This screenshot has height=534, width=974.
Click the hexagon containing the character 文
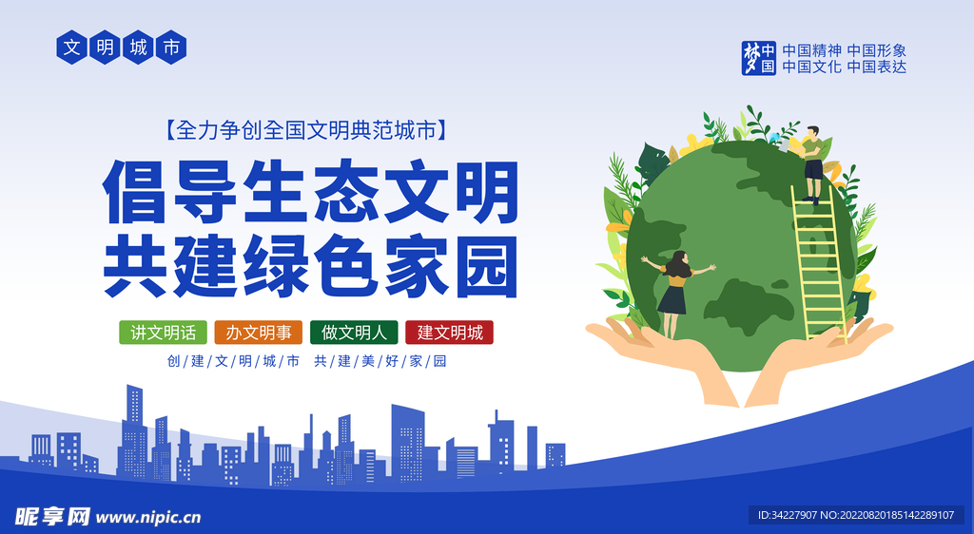72,48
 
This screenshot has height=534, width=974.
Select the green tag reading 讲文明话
163,333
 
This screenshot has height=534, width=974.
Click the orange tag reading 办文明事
259,333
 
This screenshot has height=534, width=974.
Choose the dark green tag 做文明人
354,333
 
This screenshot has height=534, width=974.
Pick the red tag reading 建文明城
449,333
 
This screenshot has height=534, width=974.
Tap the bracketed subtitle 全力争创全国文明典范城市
304,129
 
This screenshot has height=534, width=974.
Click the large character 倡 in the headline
137,190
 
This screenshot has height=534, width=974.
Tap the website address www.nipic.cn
149,517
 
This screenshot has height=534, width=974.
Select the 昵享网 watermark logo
52,516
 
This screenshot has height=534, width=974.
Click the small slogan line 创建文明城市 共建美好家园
306,361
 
